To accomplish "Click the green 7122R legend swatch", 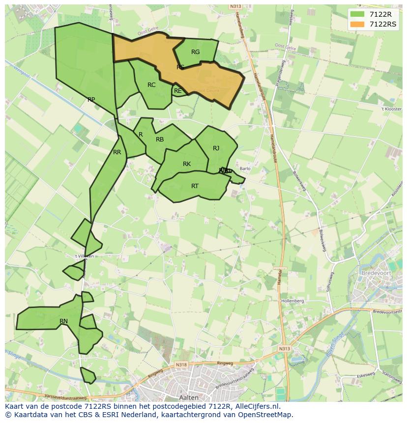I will [x=357, y=15].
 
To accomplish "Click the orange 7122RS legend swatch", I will [x=357, y=24].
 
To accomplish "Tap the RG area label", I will [x=195, y=52].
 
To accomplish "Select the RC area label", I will [x=151, y=85].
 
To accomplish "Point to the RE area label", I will [x=178, y=91].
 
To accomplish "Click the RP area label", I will [x=91, y=100].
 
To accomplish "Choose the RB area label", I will [x=160, y=140].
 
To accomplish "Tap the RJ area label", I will [x=216, y=148].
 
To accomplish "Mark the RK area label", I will [x=187, y=164].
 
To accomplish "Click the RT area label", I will [x=195, y=186].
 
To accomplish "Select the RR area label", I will [x=117, y=152].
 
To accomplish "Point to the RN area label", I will [x=63, y=321].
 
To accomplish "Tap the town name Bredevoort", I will [x=375, y=272].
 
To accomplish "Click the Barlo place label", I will [x=245, y=169].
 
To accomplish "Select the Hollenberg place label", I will [x=293, y=301].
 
